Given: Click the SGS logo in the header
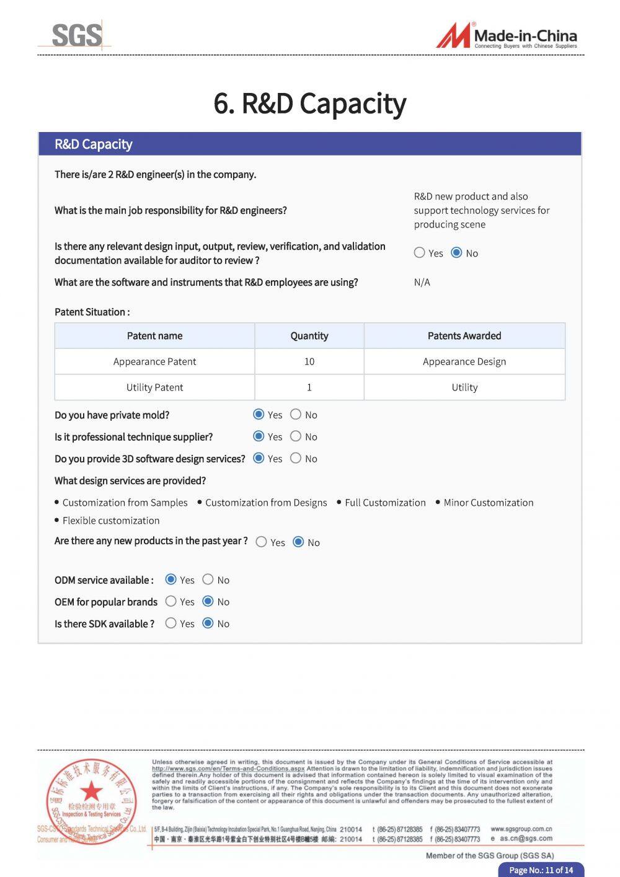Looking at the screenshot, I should click(76, 35).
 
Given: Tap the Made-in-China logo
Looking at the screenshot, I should click(507, 35).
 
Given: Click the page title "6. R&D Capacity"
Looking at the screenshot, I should click(309, 104).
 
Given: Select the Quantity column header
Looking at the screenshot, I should click(309, 336).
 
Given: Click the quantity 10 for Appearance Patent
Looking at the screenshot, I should click(309, 361).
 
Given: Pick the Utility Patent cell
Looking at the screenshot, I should click(154, 387).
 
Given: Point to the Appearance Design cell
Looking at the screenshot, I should click(464, 361).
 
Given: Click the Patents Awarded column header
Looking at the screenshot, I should click(464, 336).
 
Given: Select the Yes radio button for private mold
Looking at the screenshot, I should click(259, 414).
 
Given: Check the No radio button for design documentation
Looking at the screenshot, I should click(456, 252).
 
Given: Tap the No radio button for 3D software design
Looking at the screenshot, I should click(296, 458).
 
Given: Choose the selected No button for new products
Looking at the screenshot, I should click(298, 542).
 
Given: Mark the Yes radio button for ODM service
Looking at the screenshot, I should click(171, 580).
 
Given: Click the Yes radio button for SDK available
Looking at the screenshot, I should click(171, 623).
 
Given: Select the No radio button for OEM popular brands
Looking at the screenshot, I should click(208, 601).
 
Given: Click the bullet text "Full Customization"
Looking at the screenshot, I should click(385, 503).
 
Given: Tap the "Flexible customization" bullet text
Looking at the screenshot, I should click(111, 521).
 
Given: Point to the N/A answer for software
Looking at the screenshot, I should click(422, 282).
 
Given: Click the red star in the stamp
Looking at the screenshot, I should click(92, 790).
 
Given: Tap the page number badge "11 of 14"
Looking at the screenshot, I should click(541, 870).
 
